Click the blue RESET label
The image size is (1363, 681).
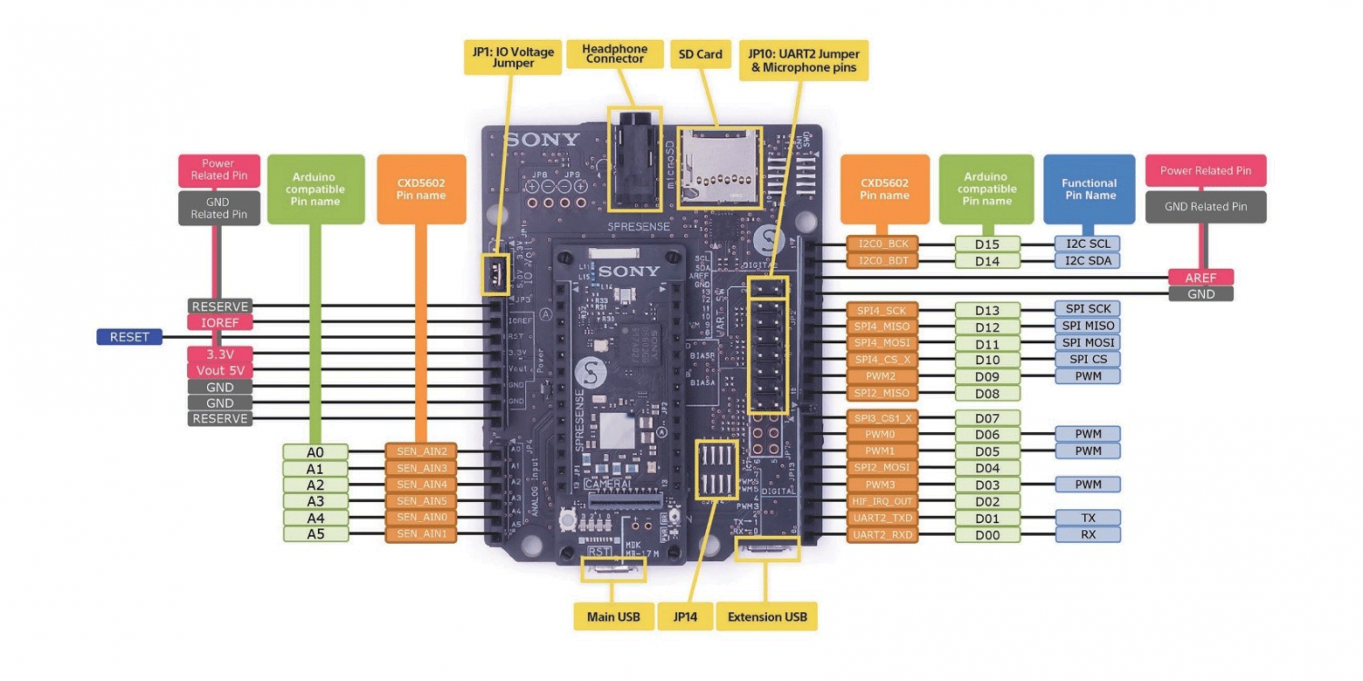[x=129, y=338]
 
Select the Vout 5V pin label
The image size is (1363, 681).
[x=220, y=370]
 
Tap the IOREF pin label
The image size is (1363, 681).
[x=220, y=322]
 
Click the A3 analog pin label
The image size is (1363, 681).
[x=315, y=501]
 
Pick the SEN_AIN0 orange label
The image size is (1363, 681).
[x=421, y=518]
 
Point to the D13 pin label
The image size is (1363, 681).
[x=987, y=311]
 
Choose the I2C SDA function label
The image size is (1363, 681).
[x=1087, y=261]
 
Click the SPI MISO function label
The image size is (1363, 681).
[x=1087, y=326]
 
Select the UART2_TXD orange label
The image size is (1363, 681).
[x=882, y=518]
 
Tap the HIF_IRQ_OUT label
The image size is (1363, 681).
[x=882, y=501]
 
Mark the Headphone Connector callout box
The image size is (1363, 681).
[x=615, y=54]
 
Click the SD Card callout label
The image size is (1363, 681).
[x=701, y=54]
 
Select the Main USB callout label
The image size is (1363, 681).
[x=614, y=617]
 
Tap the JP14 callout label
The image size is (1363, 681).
[x=685, y=617]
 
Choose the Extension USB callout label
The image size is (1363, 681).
[x=767, y=617]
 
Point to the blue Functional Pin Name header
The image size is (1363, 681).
[x=1089, y=189]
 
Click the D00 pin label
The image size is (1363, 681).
[x=987, y=536]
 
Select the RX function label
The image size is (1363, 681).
[x=1087, y=535]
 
